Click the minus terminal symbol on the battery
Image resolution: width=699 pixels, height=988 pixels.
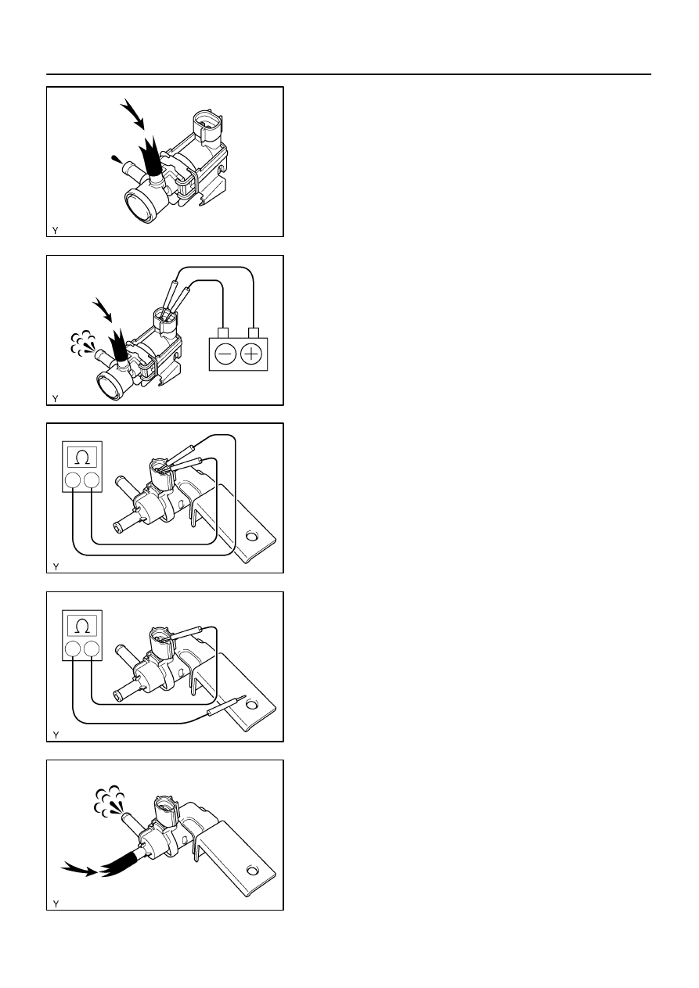pos(225,354)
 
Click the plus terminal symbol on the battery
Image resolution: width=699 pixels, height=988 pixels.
pos(251,354)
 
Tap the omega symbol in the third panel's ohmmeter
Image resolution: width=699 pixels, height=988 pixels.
pos(82,458)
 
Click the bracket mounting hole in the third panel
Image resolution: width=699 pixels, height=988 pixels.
pos(251,537)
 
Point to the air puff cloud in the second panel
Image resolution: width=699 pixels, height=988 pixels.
pos(82,343)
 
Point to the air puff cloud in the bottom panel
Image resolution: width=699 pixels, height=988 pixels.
pos(109,799)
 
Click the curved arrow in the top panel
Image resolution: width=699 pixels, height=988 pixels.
pos(133,113)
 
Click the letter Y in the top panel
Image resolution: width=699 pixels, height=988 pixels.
pos(55,230)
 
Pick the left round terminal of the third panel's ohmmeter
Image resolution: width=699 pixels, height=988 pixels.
pos(72,481)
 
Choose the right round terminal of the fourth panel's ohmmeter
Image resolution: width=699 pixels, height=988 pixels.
pos(92,649)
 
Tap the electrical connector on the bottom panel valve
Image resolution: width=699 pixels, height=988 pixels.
pos(165,810)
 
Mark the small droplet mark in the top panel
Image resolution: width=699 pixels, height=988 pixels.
pos(117,160)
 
